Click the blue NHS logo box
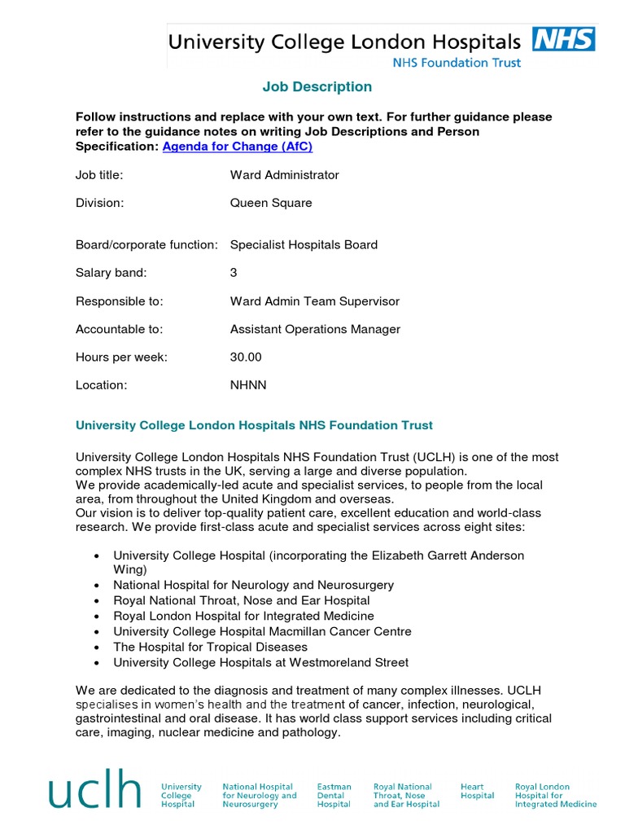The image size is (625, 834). [563, 39]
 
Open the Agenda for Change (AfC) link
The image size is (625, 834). [237, 147]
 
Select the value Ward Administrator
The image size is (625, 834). [284, 175]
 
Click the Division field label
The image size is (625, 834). [99, 203]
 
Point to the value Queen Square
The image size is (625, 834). [270, 203]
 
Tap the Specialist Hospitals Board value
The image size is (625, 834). [304, 244]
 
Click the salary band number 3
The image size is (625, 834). [234, 273]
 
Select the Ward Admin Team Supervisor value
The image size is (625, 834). [314, 301]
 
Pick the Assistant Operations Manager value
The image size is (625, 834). [315, 329]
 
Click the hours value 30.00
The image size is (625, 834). [246, 357]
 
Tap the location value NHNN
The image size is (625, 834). [248, 385]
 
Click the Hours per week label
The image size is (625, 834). [121, 357]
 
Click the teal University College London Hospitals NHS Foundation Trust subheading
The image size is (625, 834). [254, 425]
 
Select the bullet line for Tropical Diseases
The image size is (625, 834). [210, 647]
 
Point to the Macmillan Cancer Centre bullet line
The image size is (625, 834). [262, 631]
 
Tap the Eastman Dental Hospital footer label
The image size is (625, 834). [334, 796]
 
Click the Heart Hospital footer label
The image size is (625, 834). [477, 792]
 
